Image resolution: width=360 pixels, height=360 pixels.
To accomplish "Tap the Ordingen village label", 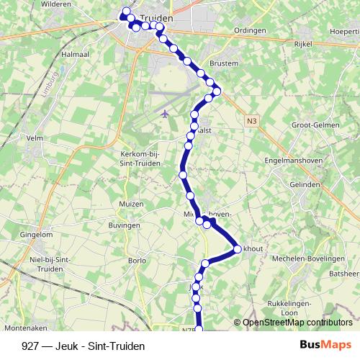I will pyautogui.click(x=251, y=30).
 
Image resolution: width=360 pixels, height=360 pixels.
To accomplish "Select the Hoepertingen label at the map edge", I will pyautogui.click(x=344, y=32).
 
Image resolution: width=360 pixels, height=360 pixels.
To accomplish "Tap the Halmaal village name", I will pyautogui.click(x=75, y=55).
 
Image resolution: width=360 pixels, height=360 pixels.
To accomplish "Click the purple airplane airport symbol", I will pyautogui.click(x=166, y=113).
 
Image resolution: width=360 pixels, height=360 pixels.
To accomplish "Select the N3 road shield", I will pyautogui.click(x=251, y=122).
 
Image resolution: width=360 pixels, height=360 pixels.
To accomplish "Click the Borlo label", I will pyautogui.click(x=137, y=260).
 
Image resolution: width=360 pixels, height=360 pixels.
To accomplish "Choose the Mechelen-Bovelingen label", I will pyautogui.click(x=304, y=258).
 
